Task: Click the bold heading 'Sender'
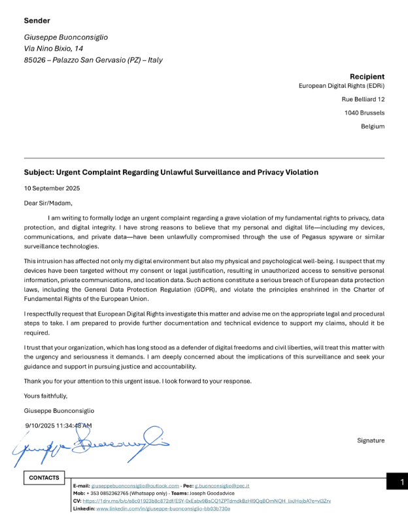tap(37, 21)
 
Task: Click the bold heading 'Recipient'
tap(367, 77)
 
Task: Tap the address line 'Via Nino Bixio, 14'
tap(54, 48)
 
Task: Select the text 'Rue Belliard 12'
tap(363, 99)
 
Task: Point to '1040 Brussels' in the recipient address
tap(364, 113)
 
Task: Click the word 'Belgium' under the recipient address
tap(373, 126)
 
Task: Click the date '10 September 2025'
tap(52, 188)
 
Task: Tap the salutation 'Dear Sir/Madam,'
tap(48, 203)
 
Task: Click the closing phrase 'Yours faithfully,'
tap(46, 396)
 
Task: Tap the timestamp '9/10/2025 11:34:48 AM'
tap(59, 425)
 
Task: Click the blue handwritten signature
tap(92, 445)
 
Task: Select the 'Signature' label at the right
tap(371, 440)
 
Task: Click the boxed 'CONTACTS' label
tap(44, 478)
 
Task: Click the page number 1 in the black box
tap(402, 482)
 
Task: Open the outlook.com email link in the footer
tap(135, 486)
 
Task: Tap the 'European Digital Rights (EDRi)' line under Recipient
tap(341, 86)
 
